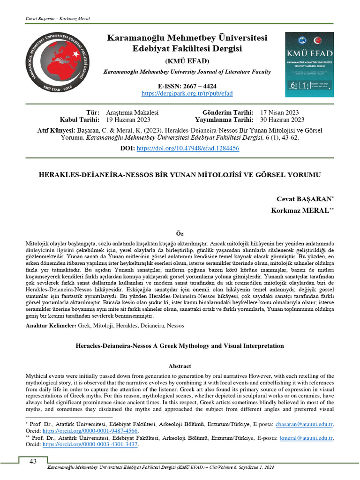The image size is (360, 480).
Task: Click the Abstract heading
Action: coord(180,366)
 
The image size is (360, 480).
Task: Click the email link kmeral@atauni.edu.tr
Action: coord(310,438)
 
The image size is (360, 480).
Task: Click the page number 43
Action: coord(33,461)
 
